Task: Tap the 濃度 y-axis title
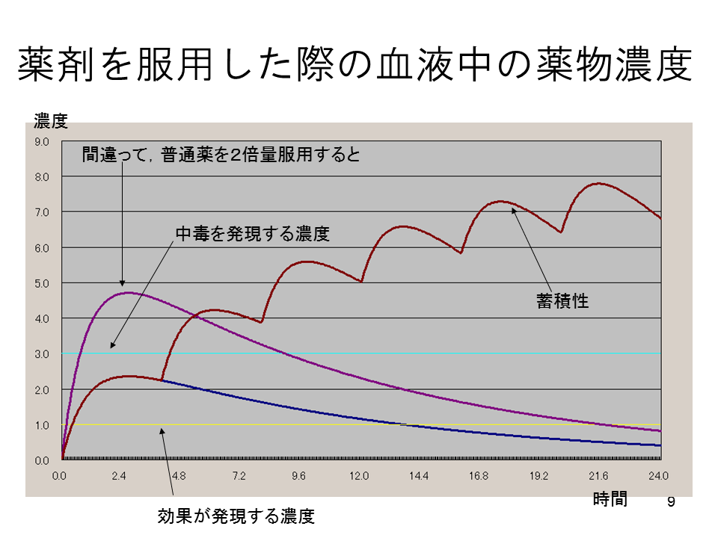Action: (51, 121)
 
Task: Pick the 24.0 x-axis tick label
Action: (658, 475)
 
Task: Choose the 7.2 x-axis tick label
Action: (239, 475)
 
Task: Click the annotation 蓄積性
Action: (562, 301)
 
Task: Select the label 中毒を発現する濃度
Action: (252, 233)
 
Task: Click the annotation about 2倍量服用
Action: (221, 155)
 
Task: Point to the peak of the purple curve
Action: (129, 292)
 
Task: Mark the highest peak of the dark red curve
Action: (598, 183)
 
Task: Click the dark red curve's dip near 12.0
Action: (362, 282)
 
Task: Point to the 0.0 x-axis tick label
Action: (61, 475)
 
